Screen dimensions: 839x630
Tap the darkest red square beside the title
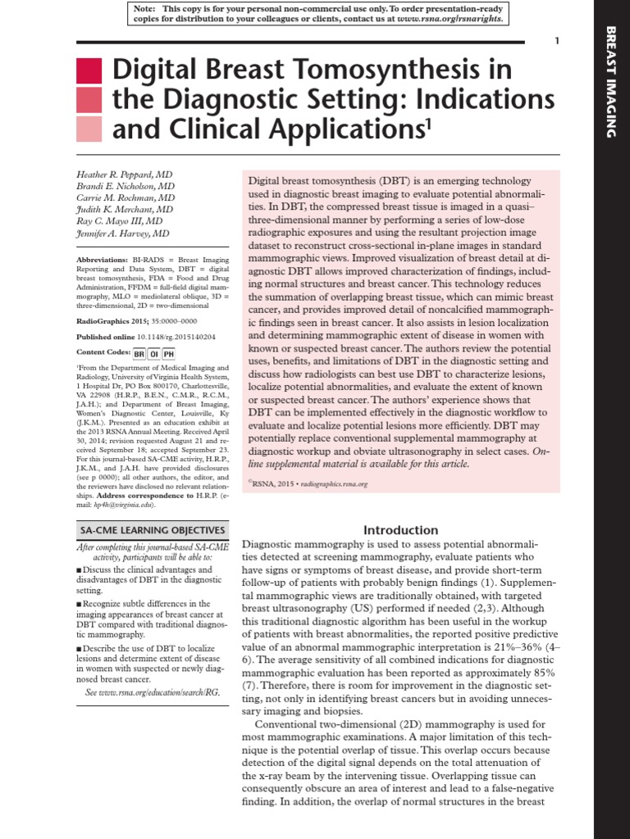89,71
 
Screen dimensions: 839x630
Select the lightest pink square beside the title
89,129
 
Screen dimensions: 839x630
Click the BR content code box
139,354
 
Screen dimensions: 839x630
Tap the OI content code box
153,354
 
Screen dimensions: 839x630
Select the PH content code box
168,354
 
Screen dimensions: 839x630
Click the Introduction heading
401,530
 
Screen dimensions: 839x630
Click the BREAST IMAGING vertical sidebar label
610,82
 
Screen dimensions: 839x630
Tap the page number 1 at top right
557,41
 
